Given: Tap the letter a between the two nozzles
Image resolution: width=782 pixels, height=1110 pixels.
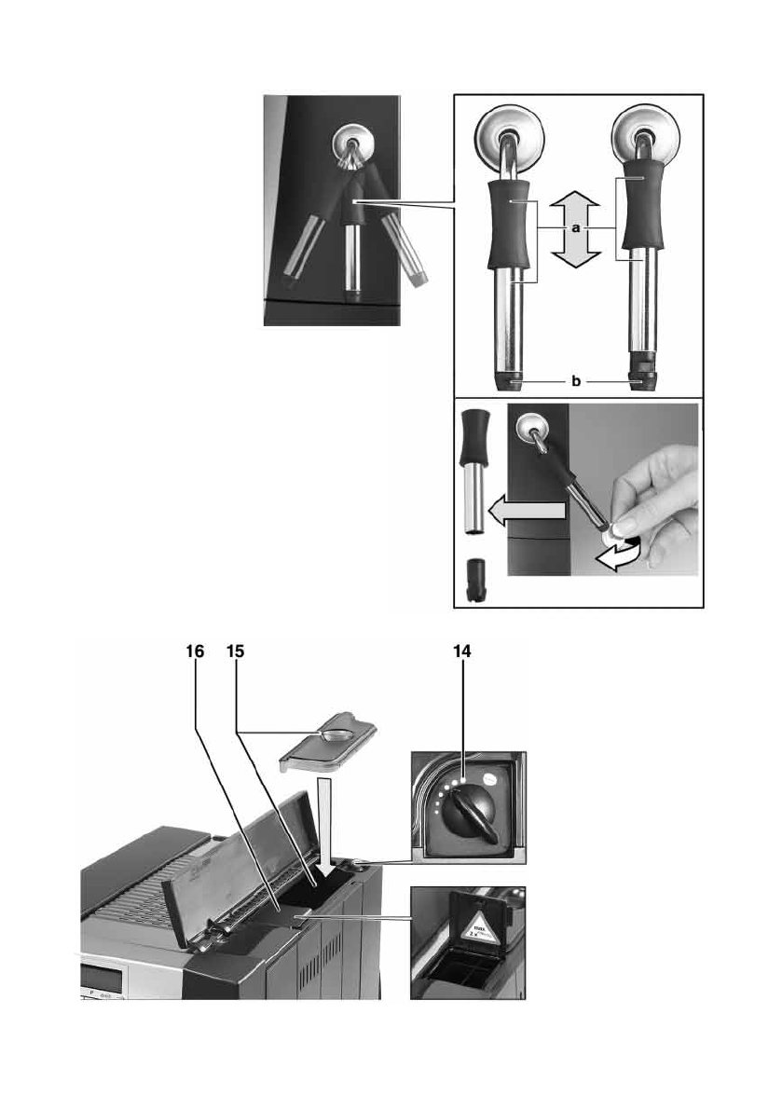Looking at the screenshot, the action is (x=575, y=226).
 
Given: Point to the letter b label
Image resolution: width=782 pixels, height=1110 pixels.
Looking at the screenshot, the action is (x=575, y=380).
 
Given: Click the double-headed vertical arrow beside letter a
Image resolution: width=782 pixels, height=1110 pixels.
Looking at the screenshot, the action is (x=575, y=229).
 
